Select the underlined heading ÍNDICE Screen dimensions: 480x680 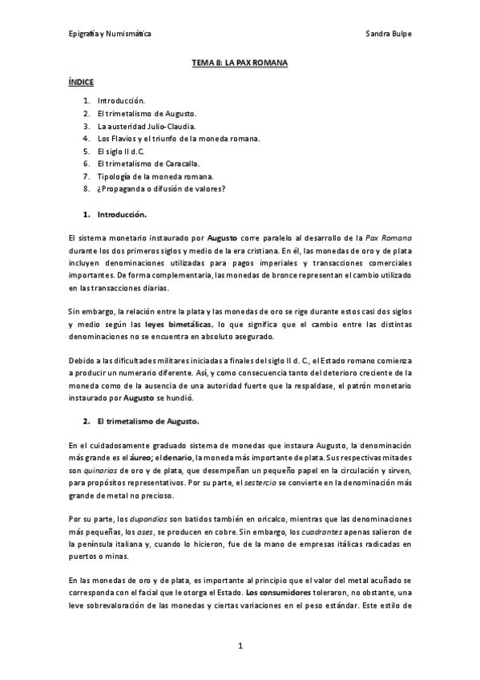[81, 82]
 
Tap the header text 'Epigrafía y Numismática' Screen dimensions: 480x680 [110, 34]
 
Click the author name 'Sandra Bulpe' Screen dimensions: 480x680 [389, 34]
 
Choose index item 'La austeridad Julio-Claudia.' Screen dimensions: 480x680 [147, 126]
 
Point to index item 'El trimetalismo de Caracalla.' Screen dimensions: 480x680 [149, 164]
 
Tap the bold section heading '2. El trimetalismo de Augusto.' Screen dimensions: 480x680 [147, 420]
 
